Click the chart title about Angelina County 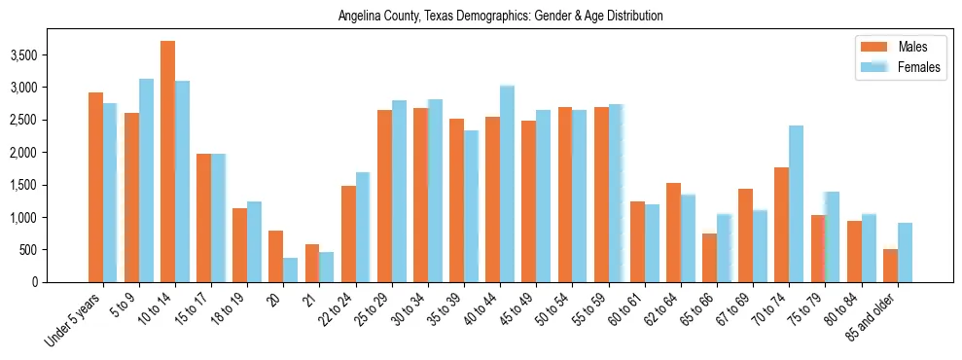(x=500, y=17)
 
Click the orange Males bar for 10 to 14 (x=167, y=162)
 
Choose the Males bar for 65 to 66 (x=709, y=258)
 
